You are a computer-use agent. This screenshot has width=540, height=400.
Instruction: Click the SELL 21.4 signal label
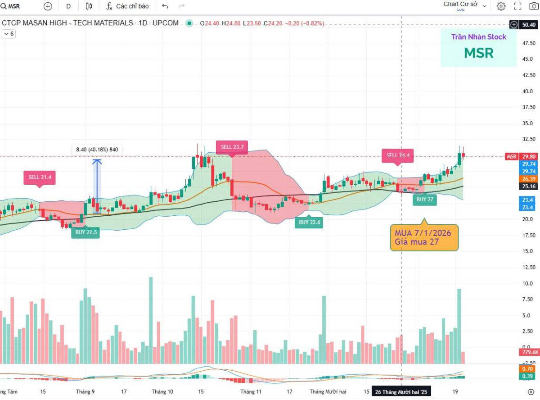point(40,177)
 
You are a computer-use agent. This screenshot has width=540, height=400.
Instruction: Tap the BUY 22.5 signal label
point(85,232)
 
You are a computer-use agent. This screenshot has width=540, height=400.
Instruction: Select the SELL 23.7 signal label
point(232,147)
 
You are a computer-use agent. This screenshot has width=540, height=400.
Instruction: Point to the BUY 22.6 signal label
point(309,222)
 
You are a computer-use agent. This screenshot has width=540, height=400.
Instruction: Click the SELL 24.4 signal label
point(397,155)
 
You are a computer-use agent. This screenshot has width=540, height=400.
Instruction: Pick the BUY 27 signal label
point(425,200)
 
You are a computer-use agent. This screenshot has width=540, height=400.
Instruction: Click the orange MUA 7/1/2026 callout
point(424,237)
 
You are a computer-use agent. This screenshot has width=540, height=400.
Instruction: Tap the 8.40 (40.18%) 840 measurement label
point(97,150)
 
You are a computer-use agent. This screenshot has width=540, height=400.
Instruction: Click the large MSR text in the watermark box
point(479,53)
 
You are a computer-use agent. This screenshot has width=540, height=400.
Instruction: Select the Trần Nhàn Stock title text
point(479,37)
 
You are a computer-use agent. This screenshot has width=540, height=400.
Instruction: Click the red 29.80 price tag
point(528,156)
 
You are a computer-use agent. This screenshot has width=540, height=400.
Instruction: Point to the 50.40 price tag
point(528,25)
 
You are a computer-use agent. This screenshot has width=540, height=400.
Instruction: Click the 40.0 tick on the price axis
point(527,91)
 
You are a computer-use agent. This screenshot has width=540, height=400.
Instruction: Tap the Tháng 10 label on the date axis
point(162,391)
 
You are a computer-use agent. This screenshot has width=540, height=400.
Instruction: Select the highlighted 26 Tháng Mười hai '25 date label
point(401,392)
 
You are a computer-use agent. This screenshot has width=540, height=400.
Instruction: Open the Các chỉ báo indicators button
point(127,6)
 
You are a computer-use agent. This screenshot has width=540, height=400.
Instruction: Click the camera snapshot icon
point(534,6)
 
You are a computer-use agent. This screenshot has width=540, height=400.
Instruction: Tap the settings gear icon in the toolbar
point(501,6)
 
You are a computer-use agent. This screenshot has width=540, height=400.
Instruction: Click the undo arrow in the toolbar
point(165,6)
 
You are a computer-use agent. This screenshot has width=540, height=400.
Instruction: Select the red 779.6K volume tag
point(529,352)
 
